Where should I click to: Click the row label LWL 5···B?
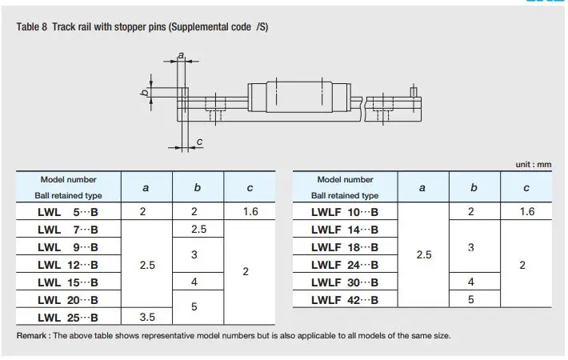(x=68, y=212)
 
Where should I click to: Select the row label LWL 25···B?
(x=68, y=318)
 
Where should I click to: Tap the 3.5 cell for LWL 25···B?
(x=147, y=318)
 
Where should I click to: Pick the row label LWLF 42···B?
(x=345, y=300)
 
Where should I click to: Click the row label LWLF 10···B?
(x=345, y=212)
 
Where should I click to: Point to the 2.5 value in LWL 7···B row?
(x=199, y=230)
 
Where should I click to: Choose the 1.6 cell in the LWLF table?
(x=527, y=211)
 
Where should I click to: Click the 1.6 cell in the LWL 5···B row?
(x=250, y=211)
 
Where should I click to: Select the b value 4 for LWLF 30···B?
(x=470, y=282)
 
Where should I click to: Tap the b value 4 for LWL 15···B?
(x=194, y=282)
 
